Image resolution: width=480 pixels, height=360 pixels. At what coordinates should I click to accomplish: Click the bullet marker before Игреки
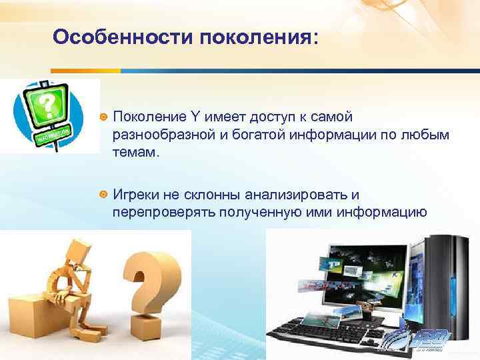[x=103, y=195]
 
